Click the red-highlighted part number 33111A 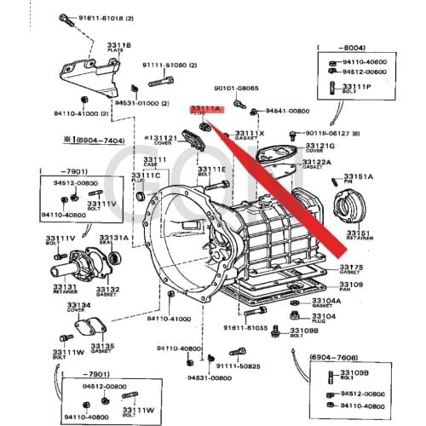pos(205,110)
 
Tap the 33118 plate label pos(119,46)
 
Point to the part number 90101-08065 pos(236,88)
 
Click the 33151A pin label pos(359,176)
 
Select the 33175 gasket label pos(351,268)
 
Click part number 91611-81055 pos(245,327)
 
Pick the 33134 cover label pos(78,304)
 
